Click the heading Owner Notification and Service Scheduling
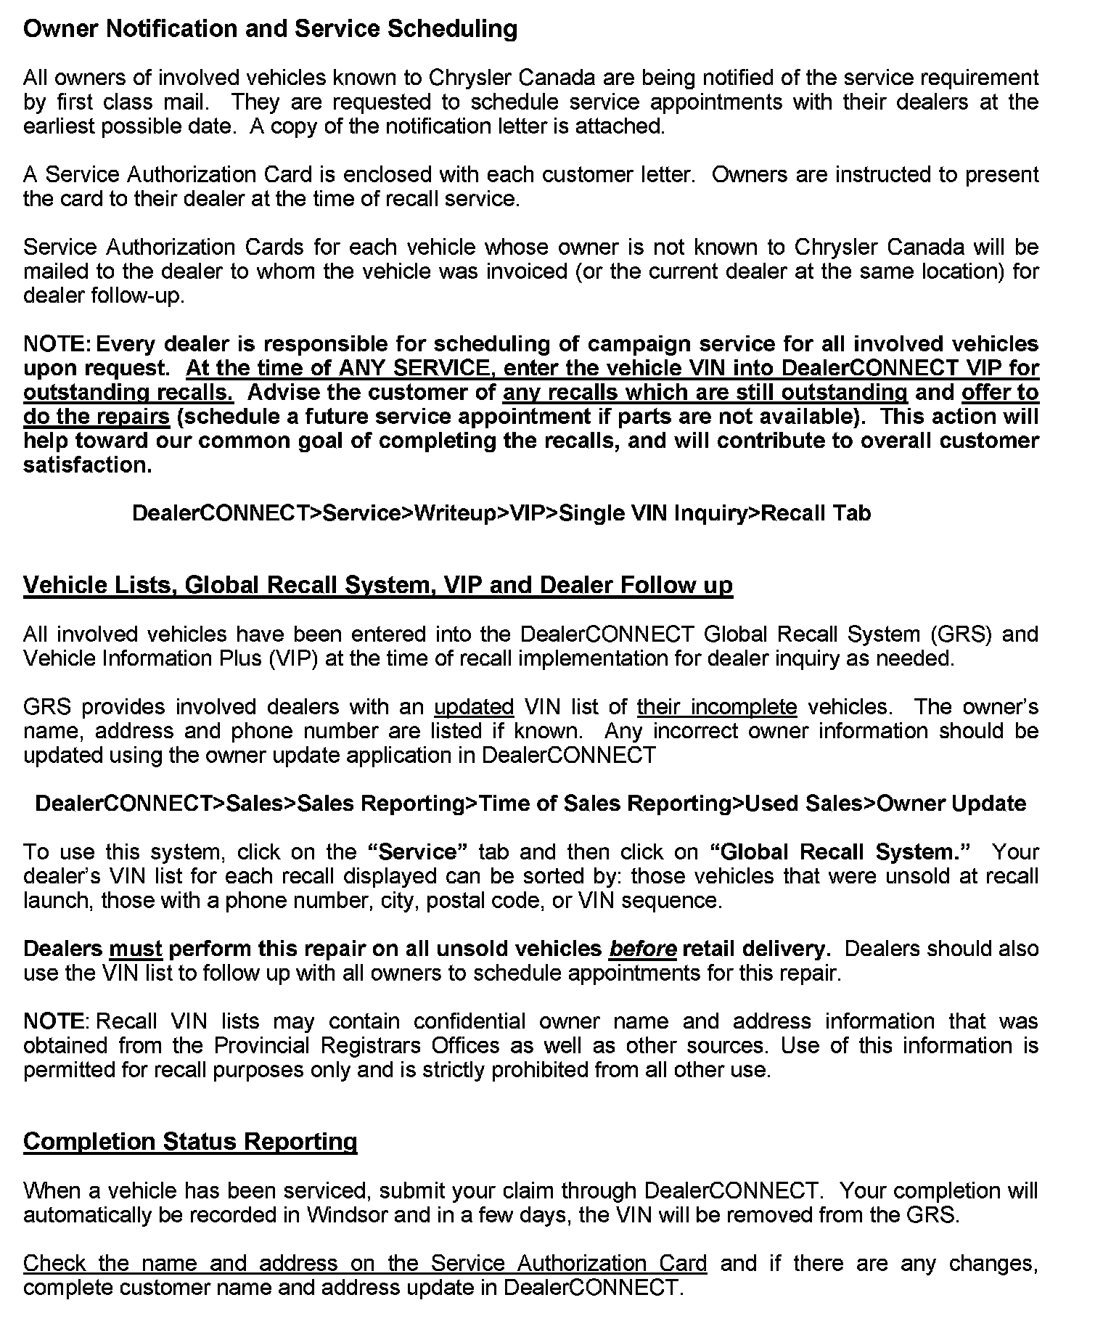pos(270,29)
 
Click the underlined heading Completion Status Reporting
pos(190,1142)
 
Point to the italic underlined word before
pos(643,949)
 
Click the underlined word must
pos(136,949)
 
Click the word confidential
pos(470,1021)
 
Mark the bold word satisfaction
pos(88,465)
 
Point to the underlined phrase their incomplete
pos(717,707)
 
